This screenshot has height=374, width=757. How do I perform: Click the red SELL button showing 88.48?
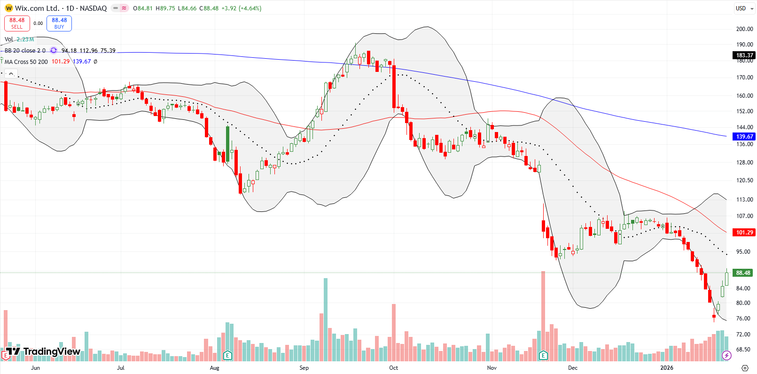17,23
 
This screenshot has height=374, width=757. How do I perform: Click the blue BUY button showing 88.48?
59,23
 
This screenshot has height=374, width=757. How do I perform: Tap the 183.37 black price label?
744,55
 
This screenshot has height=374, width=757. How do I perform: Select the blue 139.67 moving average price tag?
744,136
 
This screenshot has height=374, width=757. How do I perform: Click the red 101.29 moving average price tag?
744,232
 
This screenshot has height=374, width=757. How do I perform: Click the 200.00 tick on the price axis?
744,29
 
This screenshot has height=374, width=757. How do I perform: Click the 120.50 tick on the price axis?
744,180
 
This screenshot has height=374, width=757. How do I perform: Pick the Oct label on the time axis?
393,368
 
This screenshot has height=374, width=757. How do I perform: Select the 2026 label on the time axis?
666,368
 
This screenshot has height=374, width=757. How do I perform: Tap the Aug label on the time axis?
214,368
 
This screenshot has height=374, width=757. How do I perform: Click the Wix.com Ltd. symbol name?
37,8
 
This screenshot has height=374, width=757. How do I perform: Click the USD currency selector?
741,8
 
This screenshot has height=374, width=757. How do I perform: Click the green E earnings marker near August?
228,355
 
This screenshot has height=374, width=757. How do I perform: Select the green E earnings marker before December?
543,355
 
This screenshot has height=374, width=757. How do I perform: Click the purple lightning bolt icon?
726,355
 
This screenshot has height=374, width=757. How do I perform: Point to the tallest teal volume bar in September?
325,319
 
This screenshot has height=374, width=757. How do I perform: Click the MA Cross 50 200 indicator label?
26,62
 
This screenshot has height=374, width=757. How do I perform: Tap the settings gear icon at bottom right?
745,368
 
